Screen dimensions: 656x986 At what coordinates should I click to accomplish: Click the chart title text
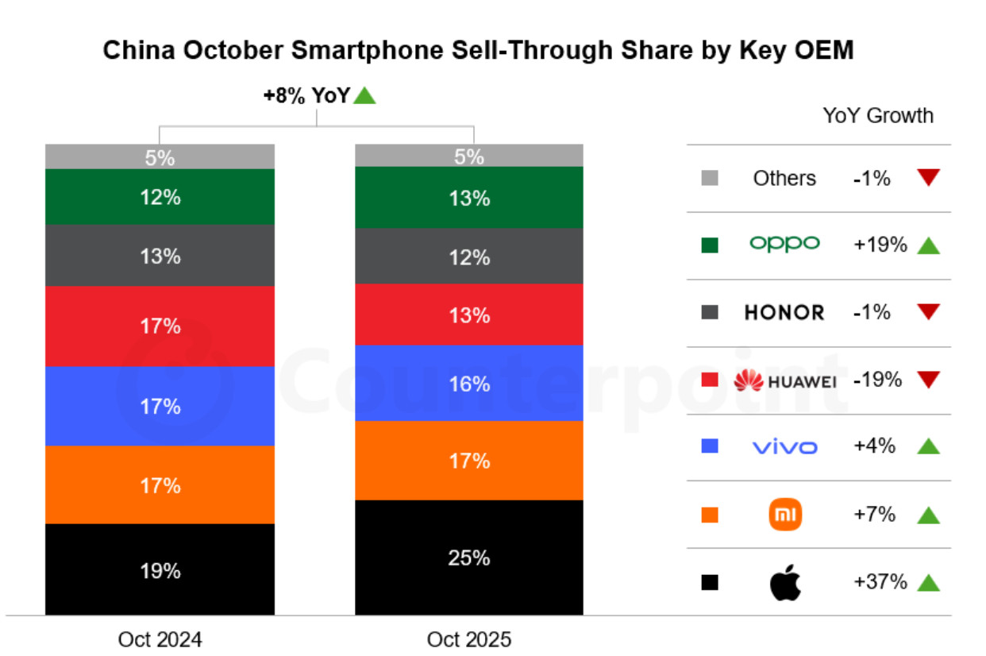pos(478,50)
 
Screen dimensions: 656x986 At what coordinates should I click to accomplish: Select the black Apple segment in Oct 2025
pos(468,558)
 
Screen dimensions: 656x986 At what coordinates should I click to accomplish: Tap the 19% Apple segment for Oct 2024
pos(160,569)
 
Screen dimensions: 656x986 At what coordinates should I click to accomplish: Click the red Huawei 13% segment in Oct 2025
pos(468,314)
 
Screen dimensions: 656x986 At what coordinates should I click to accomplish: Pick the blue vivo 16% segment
pos(468,384)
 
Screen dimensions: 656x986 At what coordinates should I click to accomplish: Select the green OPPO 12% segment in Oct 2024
pos(160,197)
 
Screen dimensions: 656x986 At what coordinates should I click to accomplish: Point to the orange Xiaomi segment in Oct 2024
pos(160,484)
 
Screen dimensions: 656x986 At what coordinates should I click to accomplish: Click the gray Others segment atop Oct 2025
pos(468,156)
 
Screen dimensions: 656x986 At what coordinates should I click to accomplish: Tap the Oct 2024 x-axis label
pos(160,639)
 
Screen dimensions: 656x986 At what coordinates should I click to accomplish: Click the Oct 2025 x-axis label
pos(468,639)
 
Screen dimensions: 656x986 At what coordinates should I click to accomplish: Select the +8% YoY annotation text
pos(306,96)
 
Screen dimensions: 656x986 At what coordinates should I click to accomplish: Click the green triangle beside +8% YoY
pos(364,96)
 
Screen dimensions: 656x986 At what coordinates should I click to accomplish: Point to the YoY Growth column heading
pos(877,116)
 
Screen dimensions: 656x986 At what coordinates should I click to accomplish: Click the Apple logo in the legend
pos(785,583)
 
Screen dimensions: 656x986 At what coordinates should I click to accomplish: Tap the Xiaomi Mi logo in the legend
pos(785,515)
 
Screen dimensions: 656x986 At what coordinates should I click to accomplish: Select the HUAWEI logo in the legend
pos(784,381)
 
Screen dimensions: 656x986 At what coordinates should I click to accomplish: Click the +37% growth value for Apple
pos(880,582)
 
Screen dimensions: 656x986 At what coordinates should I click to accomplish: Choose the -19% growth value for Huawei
pos(877,380)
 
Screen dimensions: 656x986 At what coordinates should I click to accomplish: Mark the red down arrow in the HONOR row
pos(928,312)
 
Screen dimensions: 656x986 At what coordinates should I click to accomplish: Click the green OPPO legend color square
pos(710,245)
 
